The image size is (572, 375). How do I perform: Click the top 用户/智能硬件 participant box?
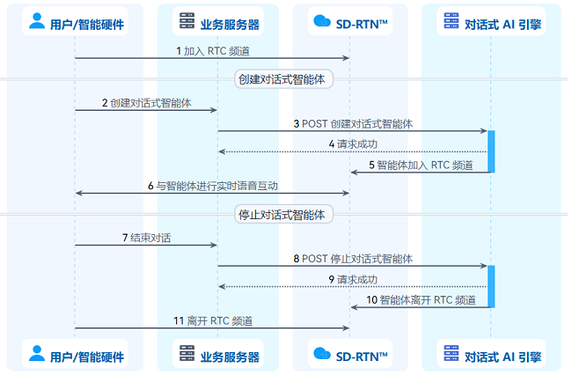[75, 21]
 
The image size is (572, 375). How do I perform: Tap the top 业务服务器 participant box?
[217, 21]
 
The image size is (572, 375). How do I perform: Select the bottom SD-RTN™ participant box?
[350, 354]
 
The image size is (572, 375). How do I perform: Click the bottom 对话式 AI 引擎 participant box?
[491, 354]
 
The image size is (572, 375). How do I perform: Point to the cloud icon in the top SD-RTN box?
[322, 21]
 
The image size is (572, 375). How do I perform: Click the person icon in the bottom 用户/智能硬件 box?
[37, 353]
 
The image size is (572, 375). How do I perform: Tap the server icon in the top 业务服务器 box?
[187, 20]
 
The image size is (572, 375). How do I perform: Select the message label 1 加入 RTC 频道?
[213, 51]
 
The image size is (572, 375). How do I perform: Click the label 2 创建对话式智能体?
[146, 103]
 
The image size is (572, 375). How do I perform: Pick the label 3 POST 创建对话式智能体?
[353, 124]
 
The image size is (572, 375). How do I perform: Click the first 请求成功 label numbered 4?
[353, 144]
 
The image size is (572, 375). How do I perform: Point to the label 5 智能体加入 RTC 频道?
[421, 165]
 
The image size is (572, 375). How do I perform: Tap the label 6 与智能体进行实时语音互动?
[213, 186]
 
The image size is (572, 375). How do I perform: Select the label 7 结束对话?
[146, 239]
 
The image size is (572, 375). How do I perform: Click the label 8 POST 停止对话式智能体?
[353, 259]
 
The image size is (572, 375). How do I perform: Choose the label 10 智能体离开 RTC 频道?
[421, 300]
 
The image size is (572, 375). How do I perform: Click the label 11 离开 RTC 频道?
[213, 321]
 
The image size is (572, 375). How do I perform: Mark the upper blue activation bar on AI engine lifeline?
[491, 151]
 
